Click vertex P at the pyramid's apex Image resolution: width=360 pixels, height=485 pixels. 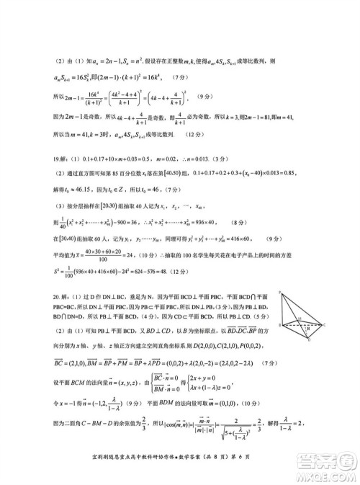279,272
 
